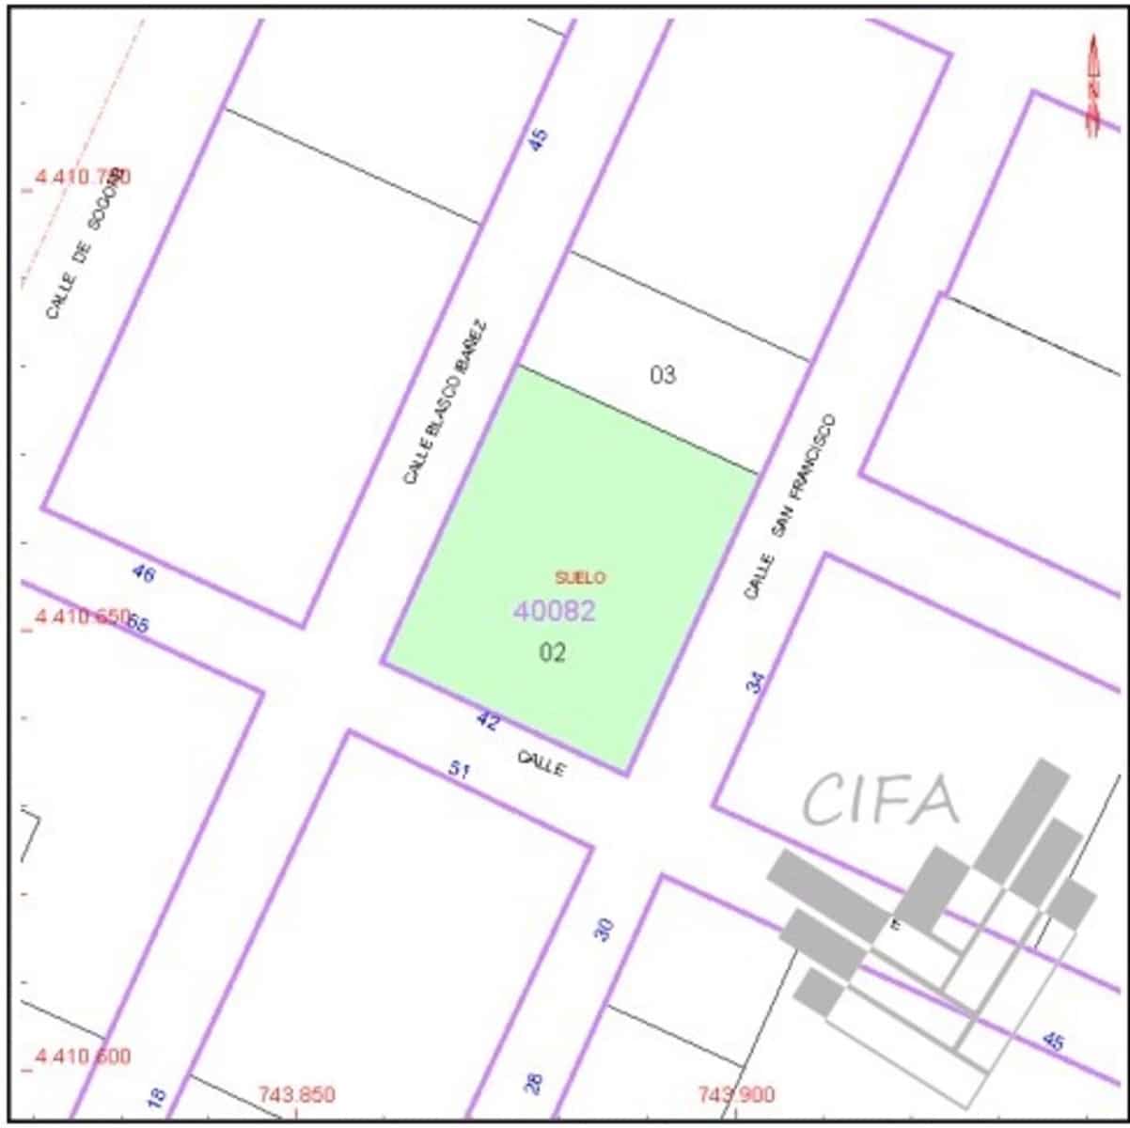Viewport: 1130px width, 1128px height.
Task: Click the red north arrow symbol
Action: [x=1092, y=86]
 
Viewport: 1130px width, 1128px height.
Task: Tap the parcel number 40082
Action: [x=554, y=611]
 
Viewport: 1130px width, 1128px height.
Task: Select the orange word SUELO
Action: [x=580, y=577]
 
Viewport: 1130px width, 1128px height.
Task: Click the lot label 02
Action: [x=553, y=652]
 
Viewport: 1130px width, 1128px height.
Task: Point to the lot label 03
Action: [x=663, y=375]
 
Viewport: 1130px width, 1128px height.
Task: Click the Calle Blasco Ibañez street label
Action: [x=446, y=402]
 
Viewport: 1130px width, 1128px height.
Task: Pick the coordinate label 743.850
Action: [x=295, y=1095]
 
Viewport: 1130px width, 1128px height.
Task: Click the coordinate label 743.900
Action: [x=736, y=1095]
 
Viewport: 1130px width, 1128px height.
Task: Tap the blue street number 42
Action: [x=488, y=721]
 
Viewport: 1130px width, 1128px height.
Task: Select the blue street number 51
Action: [x=459, y=770]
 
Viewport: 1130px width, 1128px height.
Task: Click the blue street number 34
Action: [x=756, y=681]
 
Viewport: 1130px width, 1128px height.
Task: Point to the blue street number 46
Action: [x=143, y=572]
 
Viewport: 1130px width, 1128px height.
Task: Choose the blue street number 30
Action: [x=604, y=930]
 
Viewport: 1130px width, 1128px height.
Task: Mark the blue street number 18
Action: [x=157, y=1095]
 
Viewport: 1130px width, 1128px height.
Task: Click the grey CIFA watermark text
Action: [x=881, y=800]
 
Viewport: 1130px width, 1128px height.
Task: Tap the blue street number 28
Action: [x=534, y=1084]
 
